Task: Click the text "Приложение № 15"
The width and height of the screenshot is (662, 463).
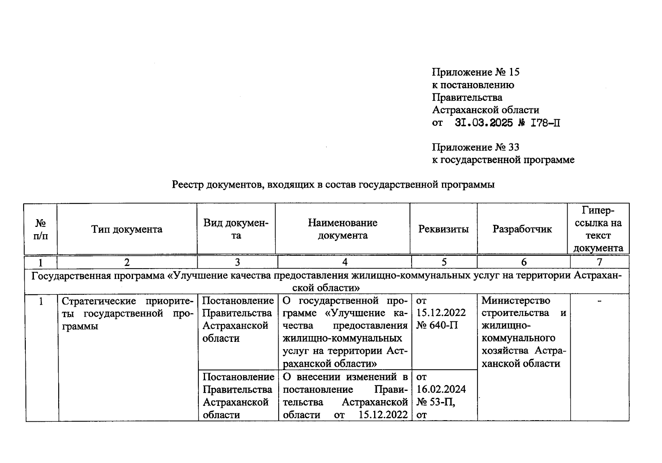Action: tap(475, 72)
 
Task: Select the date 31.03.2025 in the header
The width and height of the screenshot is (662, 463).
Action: tap(484, 123)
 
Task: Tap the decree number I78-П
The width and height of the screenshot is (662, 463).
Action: tap(545, 123)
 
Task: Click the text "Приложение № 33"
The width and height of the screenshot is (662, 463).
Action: tap(475, 147)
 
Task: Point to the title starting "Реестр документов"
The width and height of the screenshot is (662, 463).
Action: tap(333, 185)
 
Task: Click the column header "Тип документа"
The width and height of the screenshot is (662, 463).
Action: tap(127, 229)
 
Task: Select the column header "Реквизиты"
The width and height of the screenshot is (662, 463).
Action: tap(444, 229)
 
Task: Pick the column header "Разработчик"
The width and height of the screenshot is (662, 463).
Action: tap(522, 229)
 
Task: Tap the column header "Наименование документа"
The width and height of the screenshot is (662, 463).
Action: tap(343, 229)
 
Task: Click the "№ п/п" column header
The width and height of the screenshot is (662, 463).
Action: tap(40, 229)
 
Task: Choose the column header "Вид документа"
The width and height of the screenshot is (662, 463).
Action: tap(236, 229)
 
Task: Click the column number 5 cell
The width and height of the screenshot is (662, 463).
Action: tap(444, 262)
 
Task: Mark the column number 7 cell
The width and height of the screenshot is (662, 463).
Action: tap(599, 262)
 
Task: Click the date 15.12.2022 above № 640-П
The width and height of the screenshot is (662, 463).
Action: tap(441, 313)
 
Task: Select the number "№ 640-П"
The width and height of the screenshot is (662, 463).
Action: tap(437, 325)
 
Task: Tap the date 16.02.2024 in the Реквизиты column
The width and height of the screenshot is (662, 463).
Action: tap(441, 389)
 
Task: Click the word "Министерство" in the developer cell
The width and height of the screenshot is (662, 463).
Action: tap(516, 300)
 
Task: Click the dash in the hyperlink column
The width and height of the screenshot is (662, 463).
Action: tap(599, 301)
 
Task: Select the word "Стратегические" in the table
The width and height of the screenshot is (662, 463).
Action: tap(99, 301)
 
